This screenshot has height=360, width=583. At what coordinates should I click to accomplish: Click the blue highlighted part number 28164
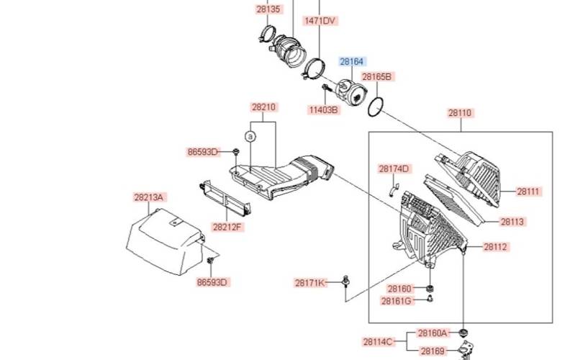352,61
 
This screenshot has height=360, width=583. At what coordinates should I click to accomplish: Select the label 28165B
376,76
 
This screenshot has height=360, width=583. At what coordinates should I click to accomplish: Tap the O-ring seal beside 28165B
375,107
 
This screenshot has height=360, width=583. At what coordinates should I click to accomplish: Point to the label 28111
528,192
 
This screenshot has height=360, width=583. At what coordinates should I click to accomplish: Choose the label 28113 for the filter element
512,222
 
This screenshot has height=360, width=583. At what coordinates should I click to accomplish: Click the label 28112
495,246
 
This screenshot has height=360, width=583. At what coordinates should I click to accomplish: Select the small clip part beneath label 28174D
394,189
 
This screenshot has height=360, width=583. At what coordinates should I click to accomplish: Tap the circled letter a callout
250,137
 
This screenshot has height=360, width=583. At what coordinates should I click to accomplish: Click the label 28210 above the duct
263,107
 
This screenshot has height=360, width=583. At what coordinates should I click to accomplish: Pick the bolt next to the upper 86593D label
236,152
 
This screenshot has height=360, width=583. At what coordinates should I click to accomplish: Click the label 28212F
227,227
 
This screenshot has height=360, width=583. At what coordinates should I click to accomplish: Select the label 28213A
149,197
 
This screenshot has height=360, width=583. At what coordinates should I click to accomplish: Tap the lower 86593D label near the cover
212,282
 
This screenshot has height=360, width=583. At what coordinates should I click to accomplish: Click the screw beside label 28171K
346,282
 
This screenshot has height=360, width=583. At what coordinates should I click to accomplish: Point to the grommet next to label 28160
430,288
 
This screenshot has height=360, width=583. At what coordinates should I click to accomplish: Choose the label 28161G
397,301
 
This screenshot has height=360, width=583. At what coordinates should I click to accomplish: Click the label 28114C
378,342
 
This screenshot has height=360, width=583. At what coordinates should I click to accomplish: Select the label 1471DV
320,20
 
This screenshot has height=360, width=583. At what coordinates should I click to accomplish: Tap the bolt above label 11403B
326,88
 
